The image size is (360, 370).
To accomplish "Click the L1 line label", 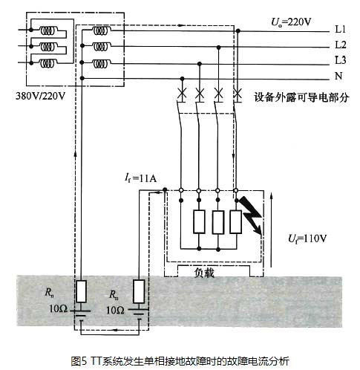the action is click(x=341, y=30).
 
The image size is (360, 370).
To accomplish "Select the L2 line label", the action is click(x=341, y=45).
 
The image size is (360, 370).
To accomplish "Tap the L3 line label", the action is click(x=341, y=60).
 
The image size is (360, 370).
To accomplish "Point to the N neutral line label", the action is click(x=338, y=76).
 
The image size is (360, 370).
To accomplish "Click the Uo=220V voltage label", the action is click(x=291, y=22).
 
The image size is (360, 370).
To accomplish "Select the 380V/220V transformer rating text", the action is click(x=40, y=96).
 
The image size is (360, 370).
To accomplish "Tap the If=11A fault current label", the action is click(x=140, y=178).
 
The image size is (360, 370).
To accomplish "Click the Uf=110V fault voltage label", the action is click(x=307, y=238).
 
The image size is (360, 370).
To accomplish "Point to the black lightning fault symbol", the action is click(x=252, y=215).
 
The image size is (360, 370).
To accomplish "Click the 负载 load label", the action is click(x=204, y=273).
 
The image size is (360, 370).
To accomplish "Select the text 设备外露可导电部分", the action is click(x=301, y=97).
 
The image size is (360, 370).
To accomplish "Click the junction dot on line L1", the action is click(x=238, y=31).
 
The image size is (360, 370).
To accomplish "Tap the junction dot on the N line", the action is click(x=183, y=79).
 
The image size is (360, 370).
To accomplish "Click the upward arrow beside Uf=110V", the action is click(x=271, y=230).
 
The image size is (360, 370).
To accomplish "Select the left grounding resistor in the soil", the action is click(x=81, y=291).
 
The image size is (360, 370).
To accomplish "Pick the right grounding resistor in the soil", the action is click(x=139, y=291).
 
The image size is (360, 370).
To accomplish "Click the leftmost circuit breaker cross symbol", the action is click(x=182, y=94).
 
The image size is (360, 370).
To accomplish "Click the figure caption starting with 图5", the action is click(x=180, y=360).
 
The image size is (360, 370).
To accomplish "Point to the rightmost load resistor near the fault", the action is click(x=236, y=221).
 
